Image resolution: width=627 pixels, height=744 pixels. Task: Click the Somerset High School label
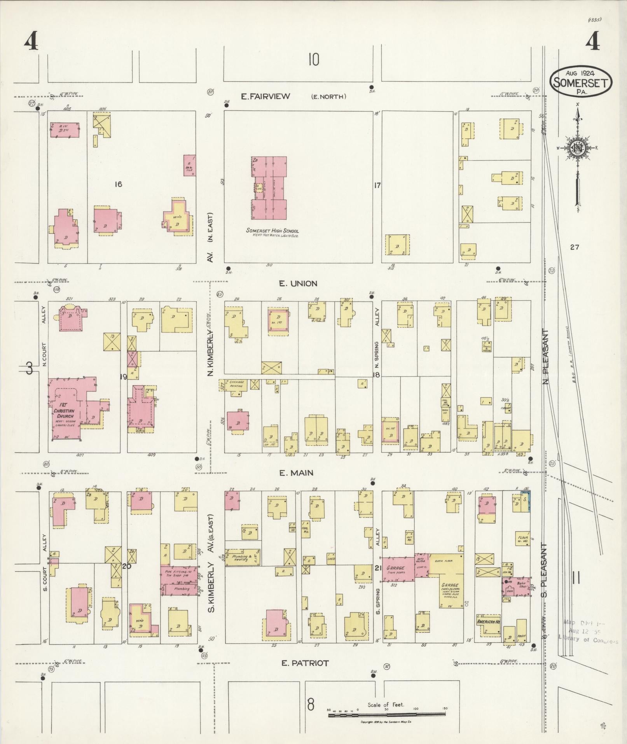(x=272, y=231)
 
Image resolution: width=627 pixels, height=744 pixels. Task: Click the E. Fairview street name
(x=265, y=96)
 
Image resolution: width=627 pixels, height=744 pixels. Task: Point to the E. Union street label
(x=298, y=284)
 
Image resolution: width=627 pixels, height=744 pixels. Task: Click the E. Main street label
(x=296, y=473)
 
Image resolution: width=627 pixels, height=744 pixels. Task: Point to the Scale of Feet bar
(x=387, y=714)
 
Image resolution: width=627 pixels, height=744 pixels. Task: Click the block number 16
(x=118, y=184)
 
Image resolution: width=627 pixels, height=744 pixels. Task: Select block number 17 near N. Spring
(x=377, y=186)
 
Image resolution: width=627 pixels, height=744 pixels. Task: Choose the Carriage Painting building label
(x=235, y=384)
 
